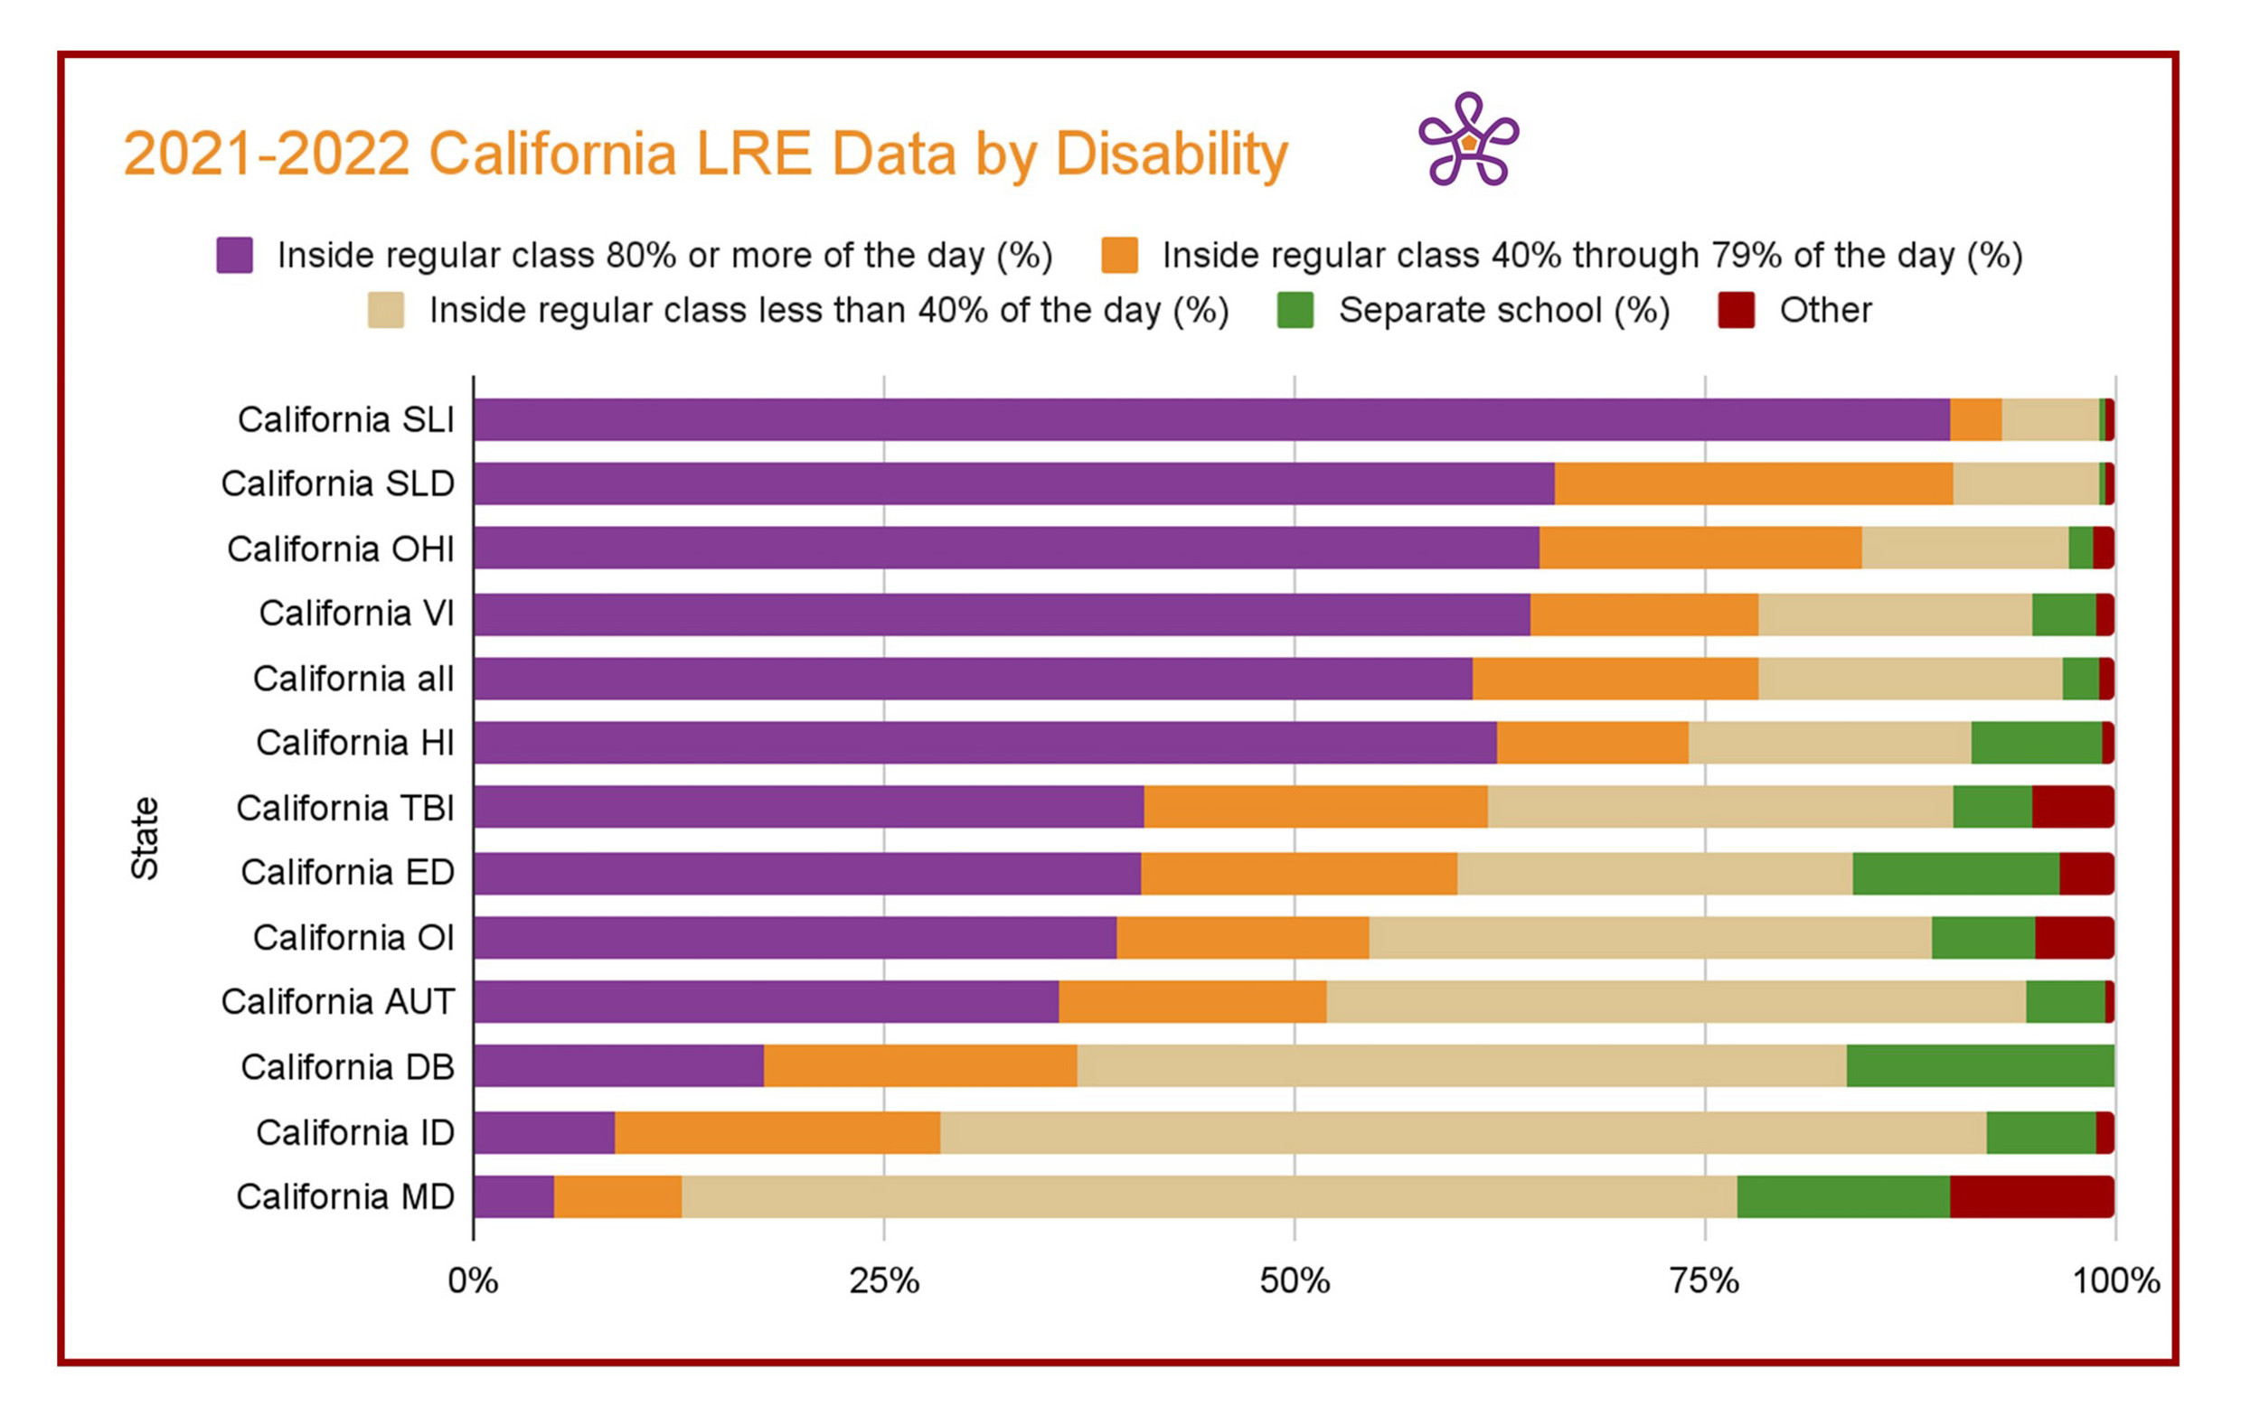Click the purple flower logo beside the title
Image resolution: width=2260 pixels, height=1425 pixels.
[x=1468, y=141]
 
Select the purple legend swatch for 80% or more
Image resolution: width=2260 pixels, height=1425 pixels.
[x=235, y=255]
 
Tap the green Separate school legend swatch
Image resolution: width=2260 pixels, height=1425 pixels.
[x=1295, y=311]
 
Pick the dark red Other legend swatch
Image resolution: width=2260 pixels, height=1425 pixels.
[x=1736, y=311]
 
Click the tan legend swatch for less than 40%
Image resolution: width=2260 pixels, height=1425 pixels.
[x=386, y=311]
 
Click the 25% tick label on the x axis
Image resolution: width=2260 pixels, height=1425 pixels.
[x=883, y=1280]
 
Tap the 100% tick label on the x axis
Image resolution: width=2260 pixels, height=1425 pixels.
[x=2115, y=1280]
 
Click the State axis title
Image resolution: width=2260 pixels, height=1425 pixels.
[x=145, y=838]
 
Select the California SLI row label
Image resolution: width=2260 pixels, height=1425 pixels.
[x=345, y=419]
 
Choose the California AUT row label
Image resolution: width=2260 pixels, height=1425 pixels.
[x=338, y=1002]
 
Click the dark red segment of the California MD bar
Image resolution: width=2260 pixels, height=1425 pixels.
[x=2031, y=1196]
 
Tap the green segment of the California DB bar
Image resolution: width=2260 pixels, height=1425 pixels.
[x=1981, y=1066]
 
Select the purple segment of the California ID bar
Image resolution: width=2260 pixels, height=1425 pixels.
[x=543, y=1132]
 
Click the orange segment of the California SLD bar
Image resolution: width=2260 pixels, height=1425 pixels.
[x=1753, y=483]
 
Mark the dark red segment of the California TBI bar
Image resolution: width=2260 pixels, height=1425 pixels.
[x=2072, y=807]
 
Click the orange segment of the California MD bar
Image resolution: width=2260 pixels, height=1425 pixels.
[x=617, y=1196]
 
